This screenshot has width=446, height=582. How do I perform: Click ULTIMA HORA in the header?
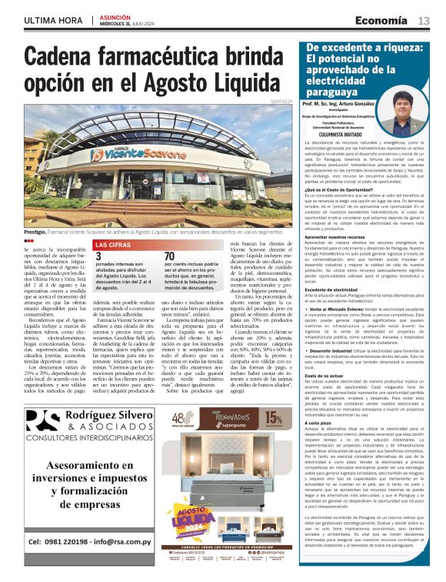click(52, 19)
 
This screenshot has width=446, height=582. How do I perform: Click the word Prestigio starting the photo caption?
click(35, 231)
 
